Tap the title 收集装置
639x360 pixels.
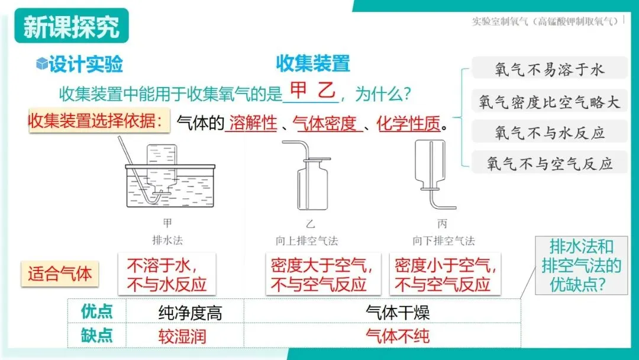pyautogui.click(x=313, y=63)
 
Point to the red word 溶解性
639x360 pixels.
pyautogui.click(x=253, y=123)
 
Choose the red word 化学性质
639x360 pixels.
pyautogui.click(x=409, y=123)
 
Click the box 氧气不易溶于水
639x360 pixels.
pyautogui.click(x=549, y=69)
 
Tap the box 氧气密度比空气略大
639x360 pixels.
pyautogui.click(x=549, y=101)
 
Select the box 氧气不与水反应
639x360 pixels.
pyautogui.click(x=549, y=132)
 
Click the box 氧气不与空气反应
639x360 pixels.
pyautogui.click(x=549, y=163)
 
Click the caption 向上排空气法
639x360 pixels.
pyautogui.click(x=307, y=241)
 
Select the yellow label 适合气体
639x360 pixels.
pyautogui.click(x=60, y=274)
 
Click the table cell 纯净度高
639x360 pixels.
pyautogui.click(x=190, y=313)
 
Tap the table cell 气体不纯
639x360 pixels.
pyautogui.click(x=398, y=336)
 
